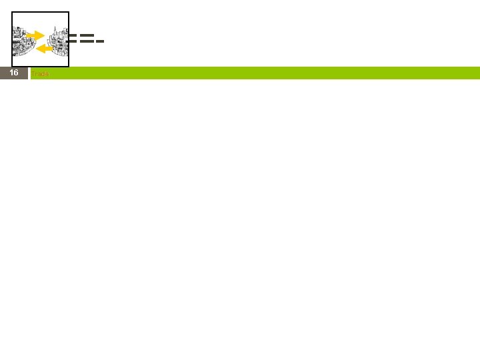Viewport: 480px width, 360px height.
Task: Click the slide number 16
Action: coord(13,73)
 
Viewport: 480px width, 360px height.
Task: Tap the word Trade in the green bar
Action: coord(40,73)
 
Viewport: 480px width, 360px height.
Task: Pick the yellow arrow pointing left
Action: coord(43,48)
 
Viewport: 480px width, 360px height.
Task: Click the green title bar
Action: coord(267,73)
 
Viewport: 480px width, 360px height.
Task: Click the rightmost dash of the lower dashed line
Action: coord(99,42)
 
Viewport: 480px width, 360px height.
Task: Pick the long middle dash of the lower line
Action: coord(86,42)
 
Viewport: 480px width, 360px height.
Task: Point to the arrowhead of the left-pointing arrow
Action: coord(37,48)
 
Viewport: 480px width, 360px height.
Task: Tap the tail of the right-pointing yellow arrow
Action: coord(28,35)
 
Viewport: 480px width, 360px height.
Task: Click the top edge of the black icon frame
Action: coord(40,12)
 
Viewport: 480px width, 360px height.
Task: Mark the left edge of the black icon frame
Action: coord(12,39)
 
